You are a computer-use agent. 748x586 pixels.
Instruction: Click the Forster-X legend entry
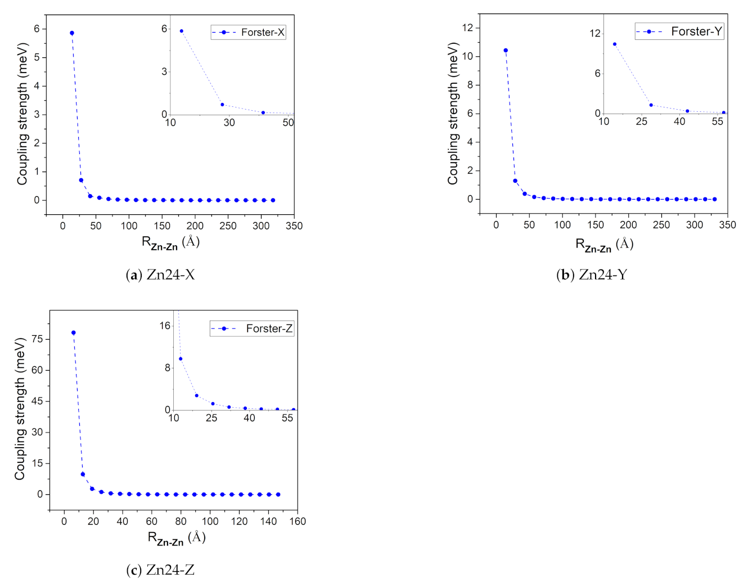point(249,33)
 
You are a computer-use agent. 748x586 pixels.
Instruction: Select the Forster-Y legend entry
point(679,31)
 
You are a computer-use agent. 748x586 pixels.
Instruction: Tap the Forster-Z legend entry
point(252,328)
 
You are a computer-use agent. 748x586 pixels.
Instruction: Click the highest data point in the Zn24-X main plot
point(72,33)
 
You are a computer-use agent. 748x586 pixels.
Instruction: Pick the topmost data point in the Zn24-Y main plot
point(506,51)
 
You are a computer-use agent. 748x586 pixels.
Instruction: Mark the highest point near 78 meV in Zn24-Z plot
point(74,333)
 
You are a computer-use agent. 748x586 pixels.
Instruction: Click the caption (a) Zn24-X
point(160,274)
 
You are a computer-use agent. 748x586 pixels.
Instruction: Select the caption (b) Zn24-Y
point(591,274)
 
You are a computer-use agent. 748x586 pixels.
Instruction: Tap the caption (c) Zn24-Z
point(160,570)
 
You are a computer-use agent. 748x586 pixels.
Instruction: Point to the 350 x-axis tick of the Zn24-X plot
point(294,226)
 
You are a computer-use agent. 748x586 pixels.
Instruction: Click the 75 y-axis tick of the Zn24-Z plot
point(37,339)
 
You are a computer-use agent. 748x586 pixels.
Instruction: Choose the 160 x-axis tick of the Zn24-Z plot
point(298,521)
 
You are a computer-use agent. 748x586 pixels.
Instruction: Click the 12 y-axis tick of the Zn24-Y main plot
point(467,28)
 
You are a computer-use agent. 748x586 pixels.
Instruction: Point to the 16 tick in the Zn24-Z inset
point(165,326)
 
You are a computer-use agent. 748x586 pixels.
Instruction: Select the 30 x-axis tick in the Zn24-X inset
point(229,123)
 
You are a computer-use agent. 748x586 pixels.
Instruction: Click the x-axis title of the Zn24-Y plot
point(604,245)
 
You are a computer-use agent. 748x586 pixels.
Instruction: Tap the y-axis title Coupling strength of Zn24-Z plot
point(20,409)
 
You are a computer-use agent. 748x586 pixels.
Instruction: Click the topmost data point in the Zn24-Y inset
point(614,44)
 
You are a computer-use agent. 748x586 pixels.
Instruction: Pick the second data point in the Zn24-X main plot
point(81,181)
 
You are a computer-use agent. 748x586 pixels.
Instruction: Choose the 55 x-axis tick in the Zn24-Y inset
point(717,121)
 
